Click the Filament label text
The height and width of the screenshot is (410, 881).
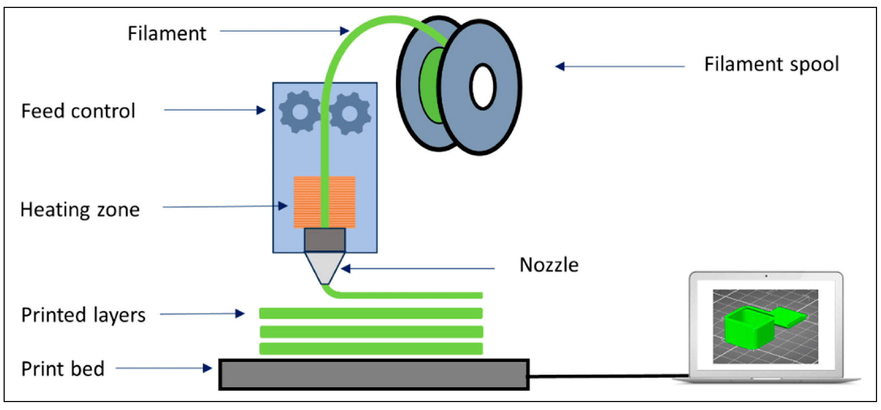167,34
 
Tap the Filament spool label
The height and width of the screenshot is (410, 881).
771,65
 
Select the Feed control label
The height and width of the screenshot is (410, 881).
78,111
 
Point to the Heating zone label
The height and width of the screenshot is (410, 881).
80,210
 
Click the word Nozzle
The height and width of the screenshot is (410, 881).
549,265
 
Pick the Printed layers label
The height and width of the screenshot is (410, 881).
83,315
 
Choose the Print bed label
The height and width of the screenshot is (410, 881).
63,369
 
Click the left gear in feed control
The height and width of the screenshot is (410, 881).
300,112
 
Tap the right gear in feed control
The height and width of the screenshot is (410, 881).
350,114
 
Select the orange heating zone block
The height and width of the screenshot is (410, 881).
306,202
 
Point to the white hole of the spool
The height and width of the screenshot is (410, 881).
482,87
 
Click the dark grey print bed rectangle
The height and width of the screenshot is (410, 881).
374,375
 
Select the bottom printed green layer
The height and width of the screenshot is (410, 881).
371,349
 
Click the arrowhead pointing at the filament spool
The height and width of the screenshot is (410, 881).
560,66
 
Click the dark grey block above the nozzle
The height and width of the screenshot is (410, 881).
325,239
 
